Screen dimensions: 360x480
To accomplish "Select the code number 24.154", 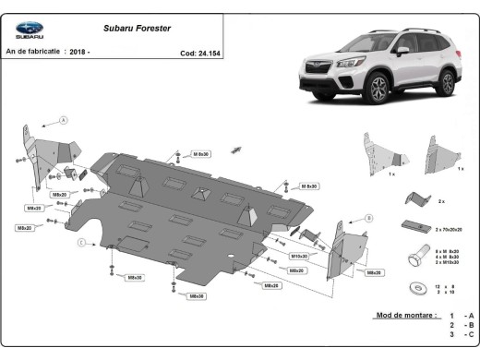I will click(x=207, y=54).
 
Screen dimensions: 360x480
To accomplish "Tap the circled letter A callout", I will click(x=64, y=120).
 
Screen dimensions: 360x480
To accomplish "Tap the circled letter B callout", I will click(x=368, y=218).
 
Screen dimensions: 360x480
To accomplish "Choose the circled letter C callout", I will click(x=81, y=242).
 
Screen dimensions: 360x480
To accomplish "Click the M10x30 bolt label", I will click(x=299, y=256).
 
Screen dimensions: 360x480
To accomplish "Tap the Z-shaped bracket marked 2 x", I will click(x=418, y=199).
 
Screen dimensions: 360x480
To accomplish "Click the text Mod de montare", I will click(x=405, y=316).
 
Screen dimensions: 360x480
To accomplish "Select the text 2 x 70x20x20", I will click(x=447, y=228).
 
